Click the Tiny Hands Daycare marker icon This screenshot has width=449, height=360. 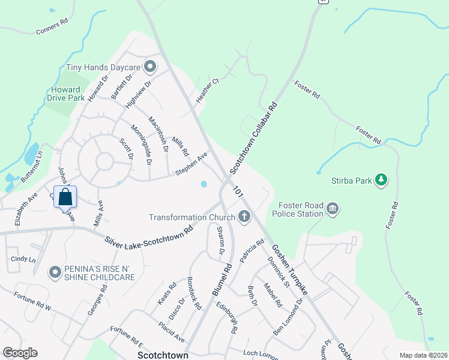149,66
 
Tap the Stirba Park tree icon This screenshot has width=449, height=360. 379,179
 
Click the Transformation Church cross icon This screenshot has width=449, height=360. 244,217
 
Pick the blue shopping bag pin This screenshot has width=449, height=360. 65,196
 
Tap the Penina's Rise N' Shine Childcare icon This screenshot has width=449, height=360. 55,273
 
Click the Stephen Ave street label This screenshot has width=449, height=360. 191,164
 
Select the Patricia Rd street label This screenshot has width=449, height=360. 252,251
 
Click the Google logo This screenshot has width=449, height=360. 20,353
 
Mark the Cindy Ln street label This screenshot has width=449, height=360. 23,260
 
